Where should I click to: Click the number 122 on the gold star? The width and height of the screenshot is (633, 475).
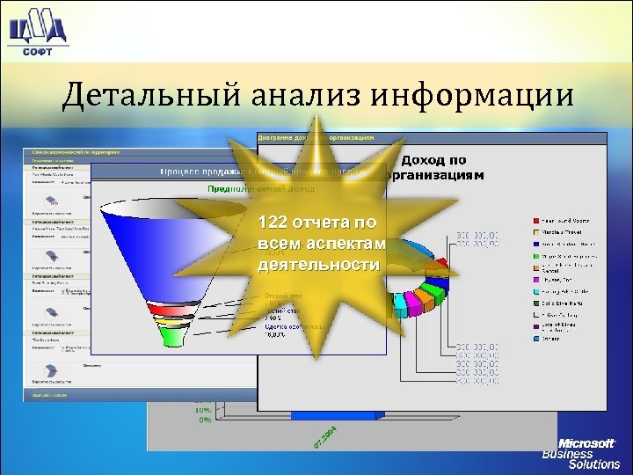(273, 223)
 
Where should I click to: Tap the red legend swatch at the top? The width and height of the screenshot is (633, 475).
(535, 220)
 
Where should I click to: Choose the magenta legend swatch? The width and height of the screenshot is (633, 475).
(535, 279)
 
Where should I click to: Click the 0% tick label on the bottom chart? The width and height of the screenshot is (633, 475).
(203, 420)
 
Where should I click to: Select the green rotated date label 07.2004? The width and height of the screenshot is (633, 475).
(326, 436)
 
